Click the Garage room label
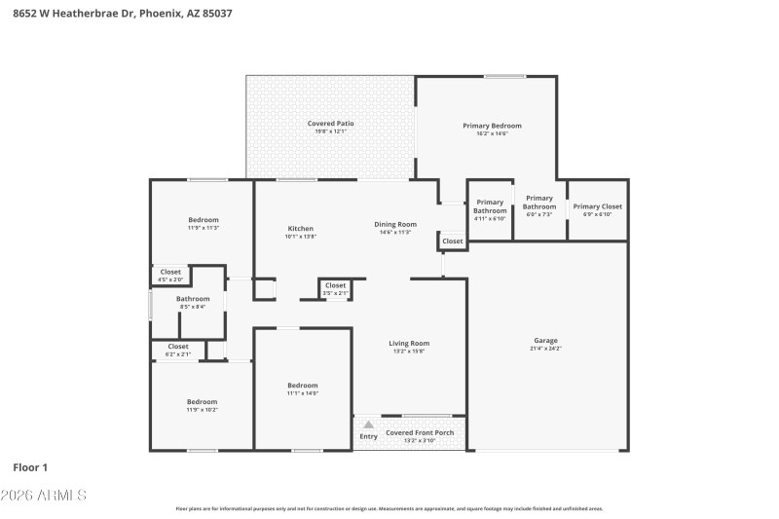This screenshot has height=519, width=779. (x=545, y=340)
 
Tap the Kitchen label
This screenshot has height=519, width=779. (x=299, y=229)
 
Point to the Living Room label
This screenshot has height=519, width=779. (x=409, y=343)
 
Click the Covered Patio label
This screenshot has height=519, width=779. (x=330, y=124)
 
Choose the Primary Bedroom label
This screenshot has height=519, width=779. (x=492, y=126)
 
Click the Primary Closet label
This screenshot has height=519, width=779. (x=597, y=206)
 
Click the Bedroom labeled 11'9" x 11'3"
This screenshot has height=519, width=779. (x=204, y=220)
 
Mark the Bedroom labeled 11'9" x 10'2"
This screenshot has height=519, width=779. (x=202, y=401)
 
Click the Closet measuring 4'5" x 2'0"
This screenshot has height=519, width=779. (x=170, y=272)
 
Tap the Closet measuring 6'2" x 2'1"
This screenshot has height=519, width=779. (x=178, y=346)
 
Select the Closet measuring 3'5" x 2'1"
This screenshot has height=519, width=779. (x=335, y=285)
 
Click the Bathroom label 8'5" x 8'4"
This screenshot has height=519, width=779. (x=193, y=299)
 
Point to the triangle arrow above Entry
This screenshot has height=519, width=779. (x=368, y=425)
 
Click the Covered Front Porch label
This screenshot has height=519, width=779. (x=420, y=432)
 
